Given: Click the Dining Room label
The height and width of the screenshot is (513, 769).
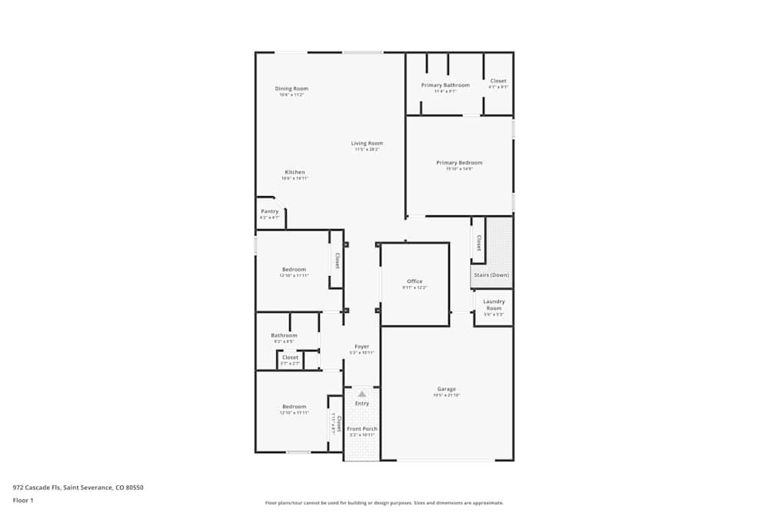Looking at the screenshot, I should [x=291, y=88].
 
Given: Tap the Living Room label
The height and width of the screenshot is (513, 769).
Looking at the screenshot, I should [x=367, y=143].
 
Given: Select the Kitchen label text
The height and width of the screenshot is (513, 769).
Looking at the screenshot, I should [x=295, y=172].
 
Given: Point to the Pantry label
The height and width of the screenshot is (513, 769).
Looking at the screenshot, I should [x=269, y=212].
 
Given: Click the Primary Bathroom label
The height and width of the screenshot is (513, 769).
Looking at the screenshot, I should [x=445, y=85].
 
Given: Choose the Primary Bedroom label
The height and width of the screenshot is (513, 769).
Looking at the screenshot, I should [x=459, y=162].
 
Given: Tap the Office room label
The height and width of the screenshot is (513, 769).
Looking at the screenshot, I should [x=414, y=281].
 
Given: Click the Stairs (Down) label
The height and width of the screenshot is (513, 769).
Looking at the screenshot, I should [x=491, y=275].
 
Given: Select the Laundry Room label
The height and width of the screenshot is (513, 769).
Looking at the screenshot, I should [x=494, y=305].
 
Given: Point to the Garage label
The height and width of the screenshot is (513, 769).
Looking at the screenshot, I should [x=447, y=389].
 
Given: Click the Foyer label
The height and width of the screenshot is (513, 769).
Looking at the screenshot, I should [x=361, y=347].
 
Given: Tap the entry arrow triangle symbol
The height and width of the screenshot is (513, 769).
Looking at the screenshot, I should [x=361, y=394].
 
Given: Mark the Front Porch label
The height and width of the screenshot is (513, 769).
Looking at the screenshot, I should [x=361, y=428].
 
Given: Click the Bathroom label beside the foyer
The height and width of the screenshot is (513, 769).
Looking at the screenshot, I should [x=284, y=335].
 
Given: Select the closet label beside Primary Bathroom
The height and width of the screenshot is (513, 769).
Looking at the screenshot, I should [x=498, y=81].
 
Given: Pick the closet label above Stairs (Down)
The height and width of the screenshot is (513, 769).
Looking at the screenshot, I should [x=478, y=243].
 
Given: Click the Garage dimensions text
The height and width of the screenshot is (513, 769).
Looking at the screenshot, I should [x=447, y=395].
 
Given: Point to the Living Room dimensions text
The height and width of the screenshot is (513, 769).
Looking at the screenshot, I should [x=367, y=149].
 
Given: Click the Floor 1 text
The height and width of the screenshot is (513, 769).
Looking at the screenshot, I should [x=23, y=500].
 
